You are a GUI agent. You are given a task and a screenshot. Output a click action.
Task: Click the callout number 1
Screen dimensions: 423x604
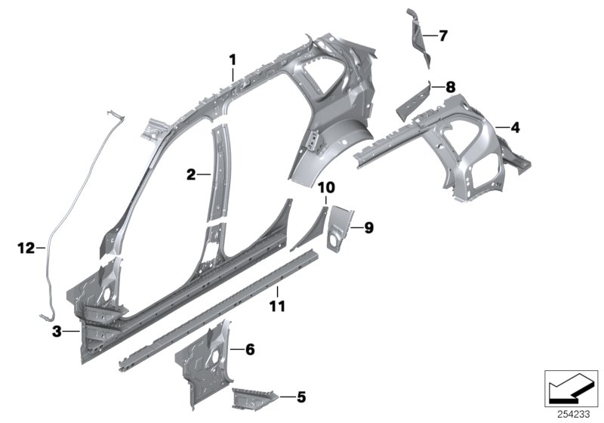click(233, 59)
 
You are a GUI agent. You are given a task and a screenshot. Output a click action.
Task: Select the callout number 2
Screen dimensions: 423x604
click(192, 174)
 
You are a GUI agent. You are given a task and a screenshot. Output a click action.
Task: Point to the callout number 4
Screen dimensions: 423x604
click(515, 128)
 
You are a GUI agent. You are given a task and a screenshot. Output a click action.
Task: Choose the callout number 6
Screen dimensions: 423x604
click(250, 349)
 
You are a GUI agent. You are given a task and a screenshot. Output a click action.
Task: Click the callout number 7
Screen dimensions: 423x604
click(442, 35)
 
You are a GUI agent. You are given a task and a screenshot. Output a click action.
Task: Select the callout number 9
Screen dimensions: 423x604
click(368, 226)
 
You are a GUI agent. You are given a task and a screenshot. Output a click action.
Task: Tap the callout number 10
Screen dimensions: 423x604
click(325, 187)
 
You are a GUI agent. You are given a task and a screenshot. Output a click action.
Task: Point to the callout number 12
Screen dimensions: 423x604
click(26, 247)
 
